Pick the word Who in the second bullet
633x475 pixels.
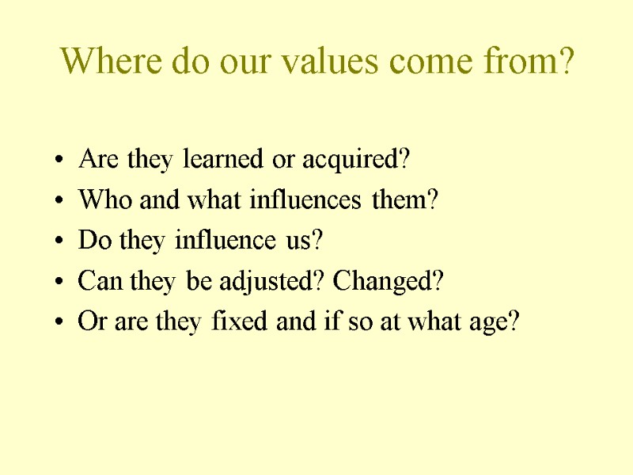click(98, 200)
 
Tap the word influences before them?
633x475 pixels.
click(309, 200)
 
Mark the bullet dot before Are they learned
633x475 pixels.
click(61, 161)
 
